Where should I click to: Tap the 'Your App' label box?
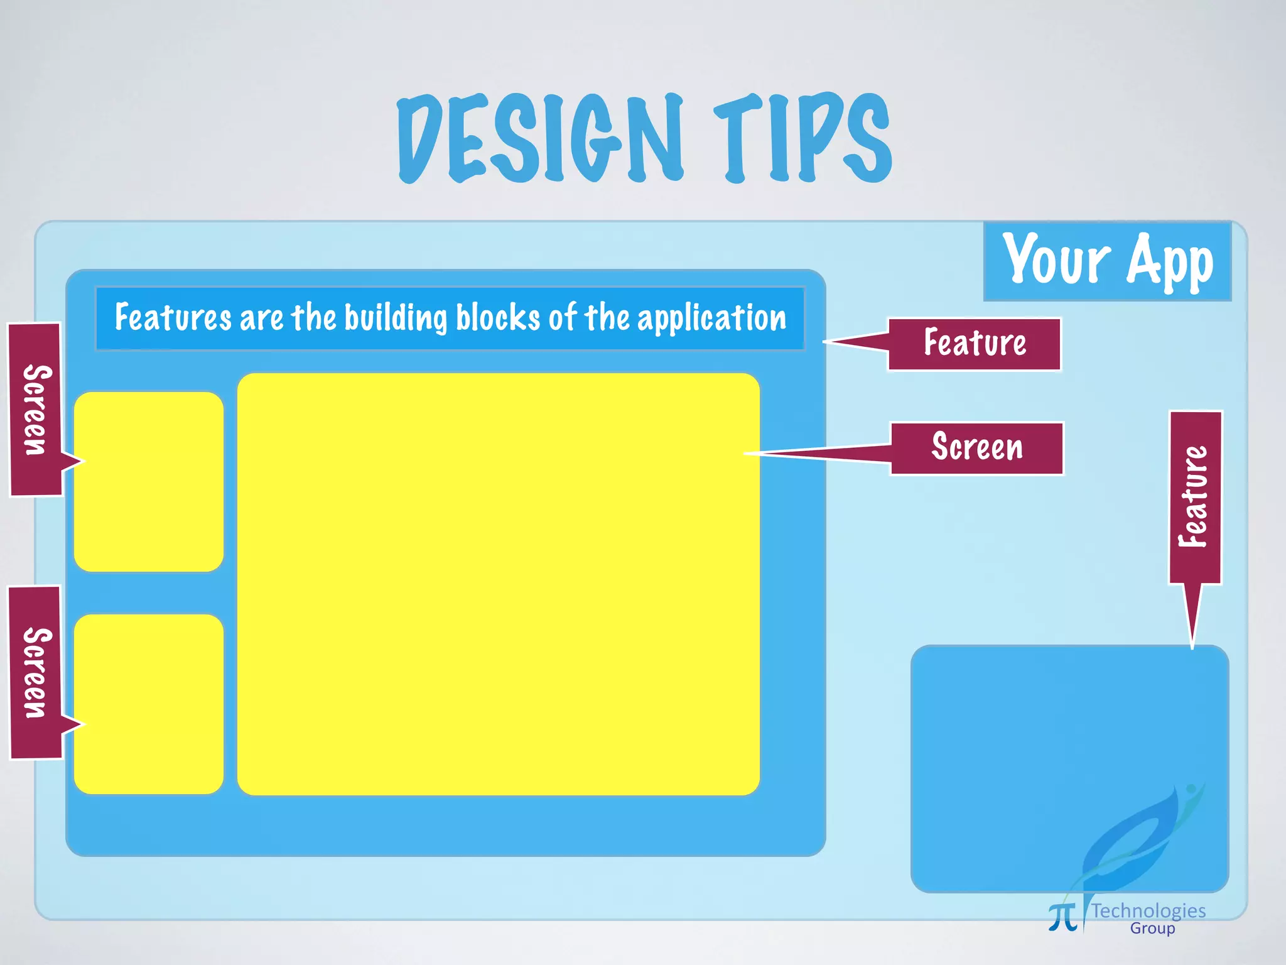(x=1107, y=261)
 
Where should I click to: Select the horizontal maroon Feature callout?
(x=974, y=344)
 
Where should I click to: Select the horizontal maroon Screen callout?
(x=977, y=448)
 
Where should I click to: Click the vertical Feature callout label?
(x=1195, y=497)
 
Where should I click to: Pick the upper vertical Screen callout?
(x=36, y=410)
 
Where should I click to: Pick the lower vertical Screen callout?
(x=36, y=672)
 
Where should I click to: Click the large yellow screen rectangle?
(x=498, y=584)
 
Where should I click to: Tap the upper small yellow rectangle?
(x=149, y=482)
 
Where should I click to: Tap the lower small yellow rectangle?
(x=149, y=704)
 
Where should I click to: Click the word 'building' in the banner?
(x=396, y=318)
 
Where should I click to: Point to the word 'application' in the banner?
(x=712, y=318)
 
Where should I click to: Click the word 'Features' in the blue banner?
(x=173, y=317)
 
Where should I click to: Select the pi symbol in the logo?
(x=1062, y=917)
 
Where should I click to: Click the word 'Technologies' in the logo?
(x=1148, y=910)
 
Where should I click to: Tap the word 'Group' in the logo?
(x=1152, y=929)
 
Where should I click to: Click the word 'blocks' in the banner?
(x=498, y=317)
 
